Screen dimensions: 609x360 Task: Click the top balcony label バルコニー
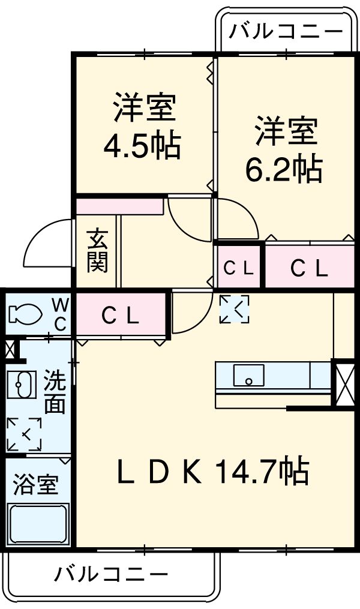point(286,29)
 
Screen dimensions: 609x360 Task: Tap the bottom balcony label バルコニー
point(112,575)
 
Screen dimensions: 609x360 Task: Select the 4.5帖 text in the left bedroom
point(143,145)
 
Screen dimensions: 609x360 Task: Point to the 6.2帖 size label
point(283,169)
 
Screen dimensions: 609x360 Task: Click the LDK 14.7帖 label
point(213,472)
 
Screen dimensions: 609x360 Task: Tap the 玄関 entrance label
point(97,251)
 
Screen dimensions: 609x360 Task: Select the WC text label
point(61,313)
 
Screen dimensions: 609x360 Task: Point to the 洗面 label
point(54,392)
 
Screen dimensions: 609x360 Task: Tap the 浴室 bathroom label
point(36,485)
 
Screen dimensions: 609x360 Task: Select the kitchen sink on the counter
point(248,376)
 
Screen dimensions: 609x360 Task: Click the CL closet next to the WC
point(120,314)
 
